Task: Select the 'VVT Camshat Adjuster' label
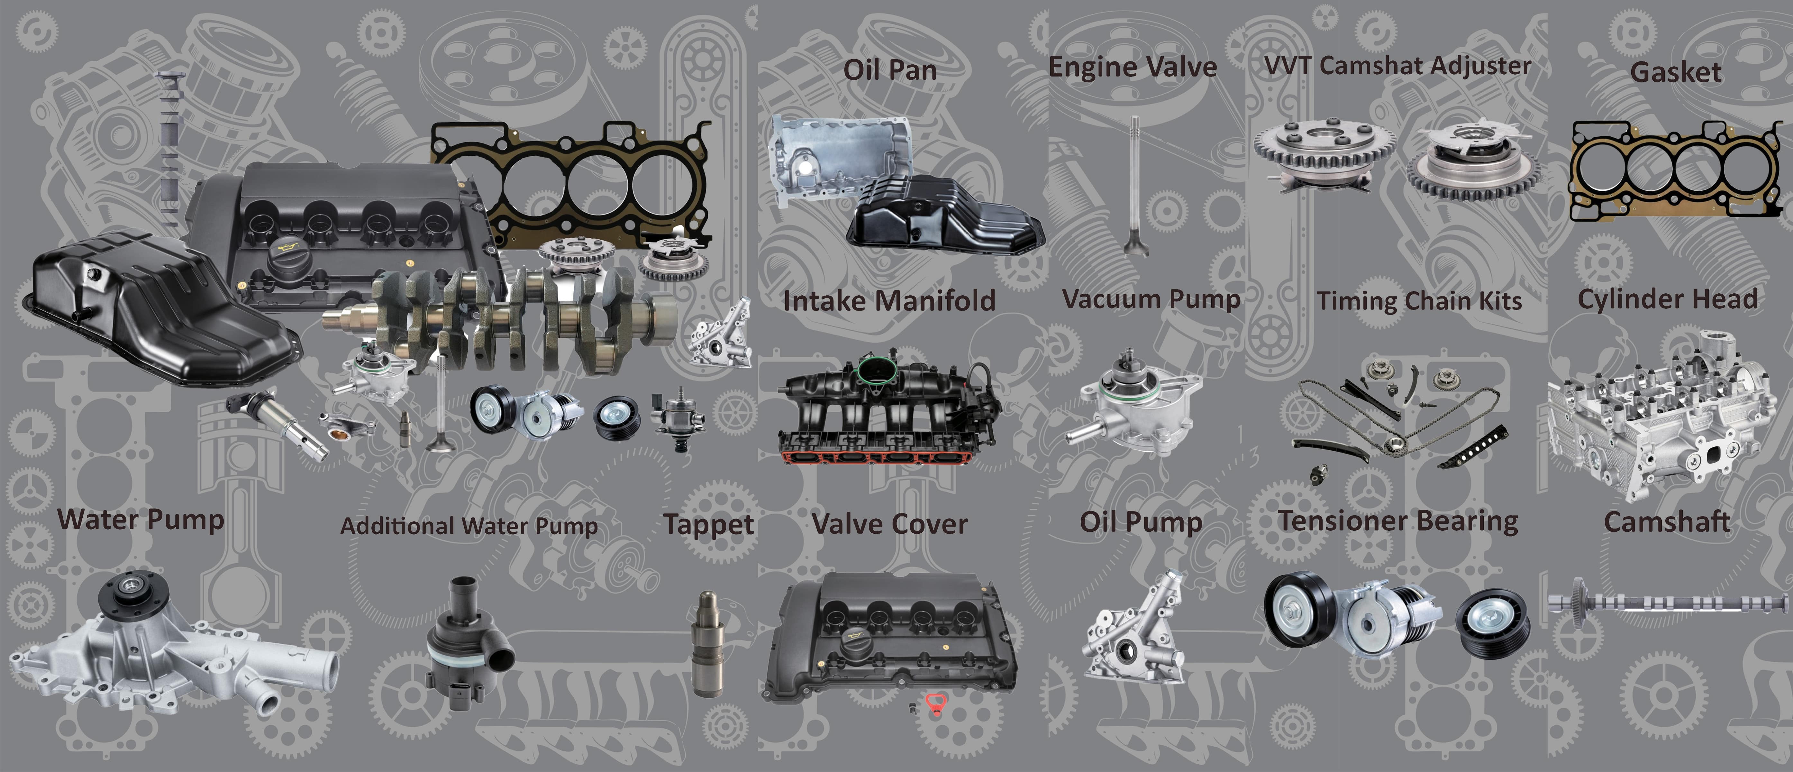(x=1398, y=65)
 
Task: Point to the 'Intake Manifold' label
(x=889, y=301)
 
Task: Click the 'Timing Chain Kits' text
(x=1418, y=301)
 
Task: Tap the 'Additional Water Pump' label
(x=469, y=526)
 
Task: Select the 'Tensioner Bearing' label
(x=1398, y=521)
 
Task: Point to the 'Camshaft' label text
(x=1666, y=521)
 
